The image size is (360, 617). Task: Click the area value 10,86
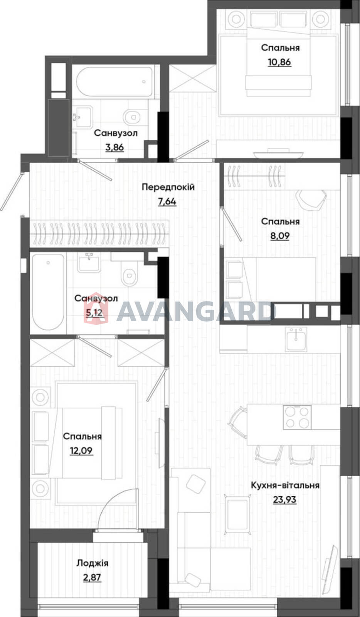[x=279, y=62]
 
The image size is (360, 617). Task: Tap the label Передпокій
[x=168, y=187]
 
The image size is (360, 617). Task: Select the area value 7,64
[x=167, y=202]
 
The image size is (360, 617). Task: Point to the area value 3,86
[x=115, y=147]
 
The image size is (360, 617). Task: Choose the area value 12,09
[x=81, y=451]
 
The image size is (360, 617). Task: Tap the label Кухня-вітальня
[x=285, y=486]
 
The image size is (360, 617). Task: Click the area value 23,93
[x=284, y=499]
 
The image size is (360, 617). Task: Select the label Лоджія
[x=93, y=563]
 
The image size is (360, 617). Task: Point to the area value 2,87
[x=92, y=577]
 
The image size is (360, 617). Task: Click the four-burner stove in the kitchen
[x=297, y=417]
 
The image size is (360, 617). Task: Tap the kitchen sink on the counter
[x=296, y=339]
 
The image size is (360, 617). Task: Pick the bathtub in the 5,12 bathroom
[x=48, y=292]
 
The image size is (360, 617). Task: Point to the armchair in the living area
[x=238, y=513]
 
